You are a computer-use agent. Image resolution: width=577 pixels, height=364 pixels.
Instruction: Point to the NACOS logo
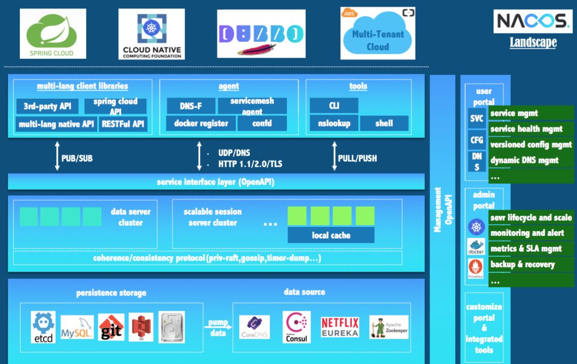click(533, 21)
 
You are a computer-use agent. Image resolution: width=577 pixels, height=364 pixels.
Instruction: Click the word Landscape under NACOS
click(533, 42)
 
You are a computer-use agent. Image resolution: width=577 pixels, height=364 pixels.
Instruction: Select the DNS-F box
click(191, 106)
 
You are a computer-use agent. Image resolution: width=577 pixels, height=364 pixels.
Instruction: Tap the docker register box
click(201, 123)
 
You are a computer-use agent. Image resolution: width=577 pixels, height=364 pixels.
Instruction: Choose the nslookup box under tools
click(334, 123)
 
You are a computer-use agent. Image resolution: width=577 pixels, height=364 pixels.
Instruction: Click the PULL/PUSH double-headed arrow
click(334, 156)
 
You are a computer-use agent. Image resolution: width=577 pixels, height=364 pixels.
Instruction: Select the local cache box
click(331, 235)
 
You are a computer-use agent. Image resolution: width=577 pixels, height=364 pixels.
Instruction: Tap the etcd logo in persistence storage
click(43, 327)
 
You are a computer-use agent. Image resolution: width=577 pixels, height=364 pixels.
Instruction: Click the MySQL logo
click(77, 327)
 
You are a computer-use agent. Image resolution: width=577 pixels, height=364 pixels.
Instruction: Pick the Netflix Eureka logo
click(340, 327)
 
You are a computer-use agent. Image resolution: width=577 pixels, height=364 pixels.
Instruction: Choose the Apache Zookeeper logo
click(388, 327)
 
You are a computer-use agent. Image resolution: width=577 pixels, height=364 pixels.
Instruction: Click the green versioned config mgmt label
click(531, 145)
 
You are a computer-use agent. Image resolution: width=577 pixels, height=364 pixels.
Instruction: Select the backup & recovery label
click(531, 264)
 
